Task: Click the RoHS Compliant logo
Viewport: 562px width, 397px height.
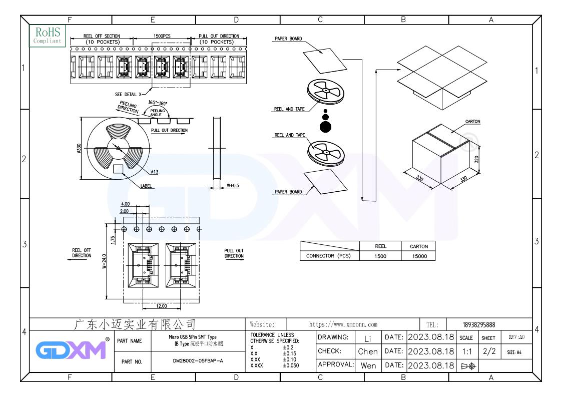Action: (x=48, y=36)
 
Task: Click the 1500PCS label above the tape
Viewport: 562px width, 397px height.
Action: (x=162, y=36)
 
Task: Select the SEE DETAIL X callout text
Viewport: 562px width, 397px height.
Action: (x=128, y=94)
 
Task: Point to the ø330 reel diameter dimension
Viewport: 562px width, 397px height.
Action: (x=79, y=148)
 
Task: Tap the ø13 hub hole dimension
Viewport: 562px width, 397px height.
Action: (x=155, y=172)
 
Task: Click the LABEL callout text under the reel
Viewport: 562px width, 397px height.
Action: (x=146, y=186)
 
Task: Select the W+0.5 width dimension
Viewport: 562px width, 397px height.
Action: (x=233, y=185)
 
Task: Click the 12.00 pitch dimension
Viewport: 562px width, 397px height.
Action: (x=162, y=306)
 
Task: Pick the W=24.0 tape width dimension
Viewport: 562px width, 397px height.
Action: (x=104, y=261)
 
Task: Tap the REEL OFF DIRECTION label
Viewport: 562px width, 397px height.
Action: (x=82, y=253)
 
